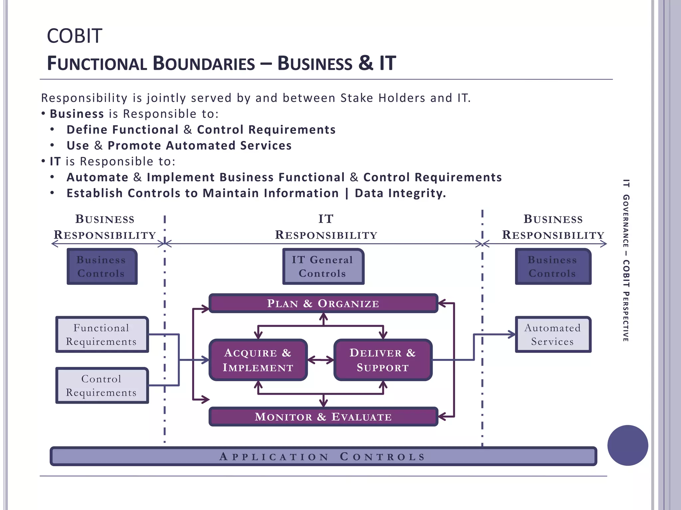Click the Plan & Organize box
coord(323,303)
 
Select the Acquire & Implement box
coord(258,360)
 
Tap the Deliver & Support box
coord(383,360)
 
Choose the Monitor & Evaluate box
coord(323,416)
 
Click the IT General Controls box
coord(323,266)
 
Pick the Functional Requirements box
coord(102,334)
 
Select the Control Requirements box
coord(102,385)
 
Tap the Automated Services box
coord(553,334)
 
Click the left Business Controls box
coord(102,266)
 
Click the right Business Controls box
coord(553,266)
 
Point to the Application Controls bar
coord(323,456)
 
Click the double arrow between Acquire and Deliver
coord(321,360)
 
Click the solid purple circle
coord(627,445)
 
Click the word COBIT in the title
coord(74,36)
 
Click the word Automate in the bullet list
coord(97,177)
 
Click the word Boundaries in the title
coord(204,63)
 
